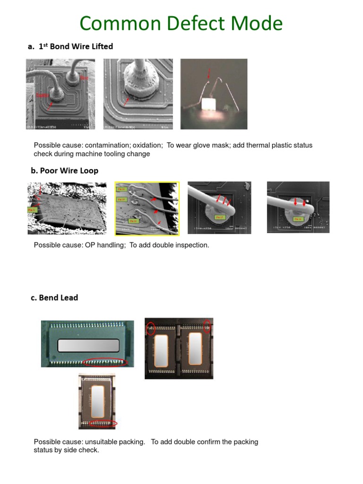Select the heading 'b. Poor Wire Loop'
65,171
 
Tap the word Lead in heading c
69,297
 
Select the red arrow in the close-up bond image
125,101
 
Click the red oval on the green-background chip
105,362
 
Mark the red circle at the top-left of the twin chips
150,328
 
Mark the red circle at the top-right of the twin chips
207,326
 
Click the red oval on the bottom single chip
103,423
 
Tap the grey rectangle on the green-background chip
88,346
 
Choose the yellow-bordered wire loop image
147,208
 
